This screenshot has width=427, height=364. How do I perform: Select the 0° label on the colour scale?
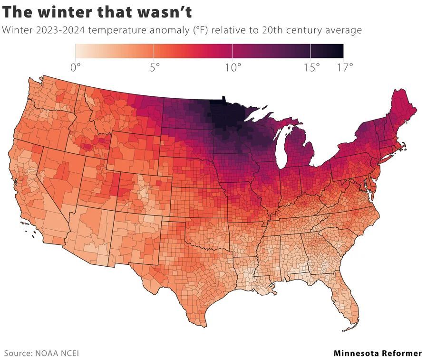coord(75,67)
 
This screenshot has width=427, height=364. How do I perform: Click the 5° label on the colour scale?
coord(154,67)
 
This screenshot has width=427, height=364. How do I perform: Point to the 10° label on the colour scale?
coord(232,67)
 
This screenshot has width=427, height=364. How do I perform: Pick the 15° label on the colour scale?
coord(311,67)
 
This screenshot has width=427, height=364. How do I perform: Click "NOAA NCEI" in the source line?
coord(56,353)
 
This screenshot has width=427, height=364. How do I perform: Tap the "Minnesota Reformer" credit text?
coord(378,353)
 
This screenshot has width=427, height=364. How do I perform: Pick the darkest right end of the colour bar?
coord(340,50)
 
